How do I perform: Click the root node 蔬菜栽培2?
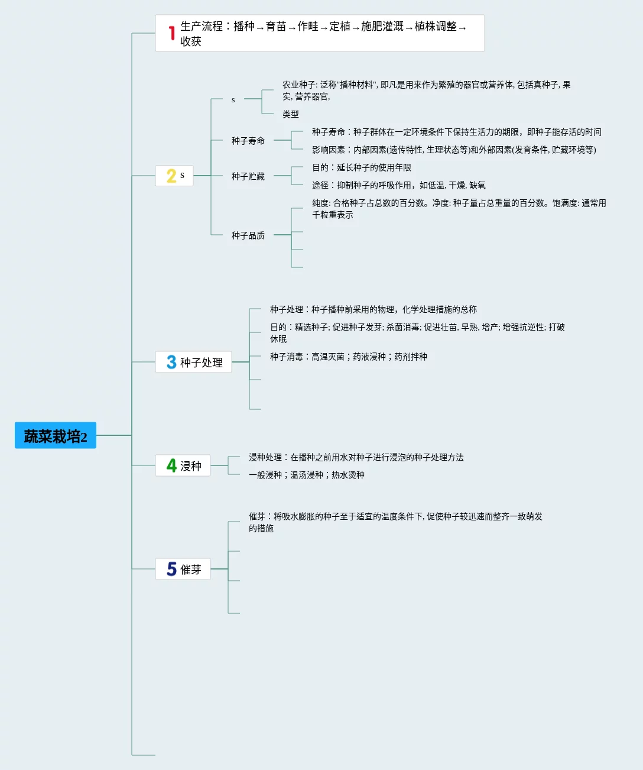56,436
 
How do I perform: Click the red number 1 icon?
171,33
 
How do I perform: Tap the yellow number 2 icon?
171,176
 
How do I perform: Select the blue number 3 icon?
171,362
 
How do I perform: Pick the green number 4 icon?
171,465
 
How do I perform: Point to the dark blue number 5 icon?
171,569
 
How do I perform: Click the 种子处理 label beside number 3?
202,363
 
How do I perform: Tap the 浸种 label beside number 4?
191,466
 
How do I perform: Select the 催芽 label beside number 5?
191,570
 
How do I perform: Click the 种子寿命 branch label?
248,141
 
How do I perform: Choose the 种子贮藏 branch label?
248,176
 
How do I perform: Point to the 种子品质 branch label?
248,235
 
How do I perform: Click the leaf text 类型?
291,114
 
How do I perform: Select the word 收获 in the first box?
191,41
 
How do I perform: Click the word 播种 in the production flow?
244,27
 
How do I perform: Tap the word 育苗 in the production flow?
276,27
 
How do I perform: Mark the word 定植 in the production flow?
340,27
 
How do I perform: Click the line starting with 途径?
399,185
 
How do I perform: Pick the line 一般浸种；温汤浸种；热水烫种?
307,475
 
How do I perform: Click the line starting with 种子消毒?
349,357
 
